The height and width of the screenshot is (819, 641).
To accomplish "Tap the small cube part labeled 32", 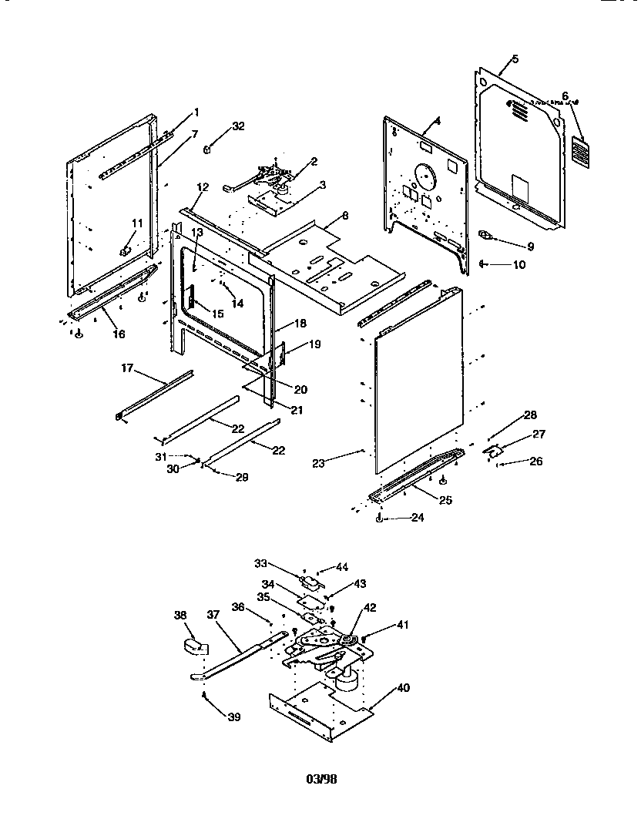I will tap(209, 149).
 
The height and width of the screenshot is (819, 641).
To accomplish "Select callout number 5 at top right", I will tap(515, 59).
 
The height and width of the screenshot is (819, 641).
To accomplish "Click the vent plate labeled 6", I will tap(581, 152).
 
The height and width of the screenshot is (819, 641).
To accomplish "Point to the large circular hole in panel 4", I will tap(422, 177).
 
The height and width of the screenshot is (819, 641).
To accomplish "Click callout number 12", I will tap(203, 187).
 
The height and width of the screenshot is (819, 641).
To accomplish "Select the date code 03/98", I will tap(322, 779).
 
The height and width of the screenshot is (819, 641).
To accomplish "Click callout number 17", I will tap(127, 369).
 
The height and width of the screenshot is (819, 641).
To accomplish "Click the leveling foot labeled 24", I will tap(378, 519).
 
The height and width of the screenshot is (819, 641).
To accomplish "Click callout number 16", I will tap(118, 334).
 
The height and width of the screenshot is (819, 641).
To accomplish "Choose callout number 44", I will tap(342, 566).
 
